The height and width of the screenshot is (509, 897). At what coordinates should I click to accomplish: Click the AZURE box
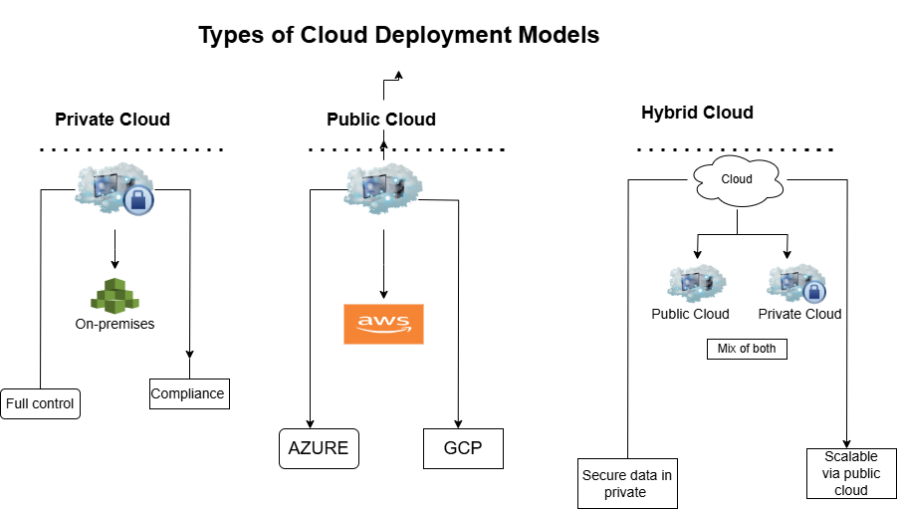click(x=319, y=448)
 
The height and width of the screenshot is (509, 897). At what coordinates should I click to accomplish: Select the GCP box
click(x=463, y=448)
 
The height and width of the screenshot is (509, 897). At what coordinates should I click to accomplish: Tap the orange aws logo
click(x=383, y=324)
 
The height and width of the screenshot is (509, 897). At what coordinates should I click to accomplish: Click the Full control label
click(x=40, y=403)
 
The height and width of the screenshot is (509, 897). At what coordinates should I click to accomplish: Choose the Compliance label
click(x=187, y=393)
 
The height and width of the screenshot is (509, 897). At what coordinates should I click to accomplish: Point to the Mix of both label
click(x=747, y=349)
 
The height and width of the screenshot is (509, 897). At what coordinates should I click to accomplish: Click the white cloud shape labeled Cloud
click(x=737, y=180)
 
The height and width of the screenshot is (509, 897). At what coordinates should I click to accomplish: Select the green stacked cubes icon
click(x=114, y=295)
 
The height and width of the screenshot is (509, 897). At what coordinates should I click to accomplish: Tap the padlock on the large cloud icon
click(x=138, y=200)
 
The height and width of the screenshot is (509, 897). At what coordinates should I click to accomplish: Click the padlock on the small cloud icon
click(x=813, y=292)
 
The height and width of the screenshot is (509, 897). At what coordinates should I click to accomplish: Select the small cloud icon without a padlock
click(x=696, y=283)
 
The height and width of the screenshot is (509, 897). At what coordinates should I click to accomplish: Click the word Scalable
click(x=851, y=456)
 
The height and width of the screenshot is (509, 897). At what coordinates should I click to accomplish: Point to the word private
click(x=625, y=492)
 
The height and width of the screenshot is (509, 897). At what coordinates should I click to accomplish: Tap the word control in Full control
click(x=55, y=403)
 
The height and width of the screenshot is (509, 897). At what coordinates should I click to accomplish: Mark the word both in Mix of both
click(x=766, y=349)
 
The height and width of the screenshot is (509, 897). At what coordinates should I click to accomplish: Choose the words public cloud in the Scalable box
click(x=851, y=481)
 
